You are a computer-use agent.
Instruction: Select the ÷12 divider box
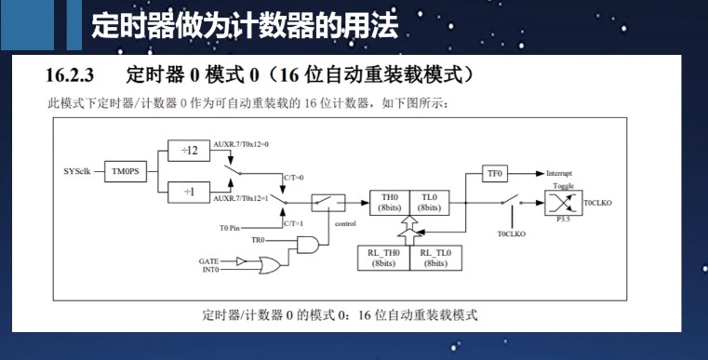190,151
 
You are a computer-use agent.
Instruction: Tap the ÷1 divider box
190,193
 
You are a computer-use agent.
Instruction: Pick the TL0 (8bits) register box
428,203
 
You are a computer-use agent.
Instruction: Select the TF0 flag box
494,173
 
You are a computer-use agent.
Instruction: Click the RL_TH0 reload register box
383,258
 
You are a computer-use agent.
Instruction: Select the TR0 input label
258,240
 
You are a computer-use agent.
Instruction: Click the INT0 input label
210,270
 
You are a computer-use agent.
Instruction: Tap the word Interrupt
559,174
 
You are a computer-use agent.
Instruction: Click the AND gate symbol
306,244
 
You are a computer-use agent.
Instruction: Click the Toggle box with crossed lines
564,202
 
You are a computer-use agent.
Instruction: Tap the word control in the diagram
344,223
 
